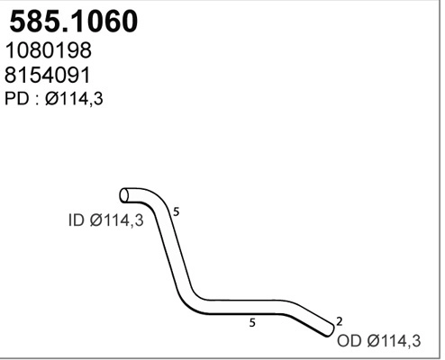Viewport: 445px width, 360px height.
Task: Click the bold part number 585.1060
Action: tap(73, 22)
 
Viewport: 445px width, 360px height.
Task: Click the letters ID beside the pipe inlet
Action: tap(76, 219)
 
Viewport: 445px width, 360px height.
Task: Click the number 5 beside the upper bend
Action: tap(177, 212)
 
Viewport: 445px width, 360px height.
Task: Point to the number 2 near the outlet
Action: tap(338, 320)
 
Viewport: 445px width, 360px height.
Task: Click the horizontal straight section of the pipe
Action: tap(248, 305)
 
